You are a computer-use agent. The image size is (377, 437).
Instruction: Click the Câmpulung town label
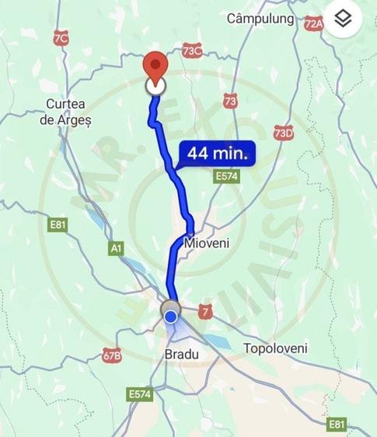click(x=260, y=18)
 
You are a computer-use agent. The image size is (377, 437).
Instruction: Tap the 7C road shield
click(x=61, y=38)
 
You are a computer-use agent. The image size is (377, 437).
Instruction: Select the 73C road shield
click(x=191, y=51)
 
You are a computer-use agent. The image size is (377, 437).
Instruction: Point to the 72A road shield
click(x=313, y=24)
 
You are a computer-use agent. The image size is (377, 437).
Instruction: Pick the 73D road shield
click(x=284, y=133)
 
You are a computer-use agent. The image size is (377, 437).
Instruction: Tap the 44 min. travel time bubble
click(x=217, y=154)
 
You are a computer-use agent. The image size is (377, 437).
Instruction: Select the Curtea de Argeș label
click(x=68, y=112)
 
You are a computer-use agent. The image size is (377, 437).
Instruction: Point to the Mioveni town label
click(x=208, y=243)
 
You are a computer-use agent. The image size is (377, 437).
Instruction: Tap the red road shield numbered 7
click(x=205, y=310)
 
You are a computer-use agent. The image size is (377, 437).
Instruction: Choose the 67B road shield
click(x=111, y=356)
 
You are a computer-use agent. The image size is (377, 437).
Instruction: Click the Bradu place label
click(x=182, y=354)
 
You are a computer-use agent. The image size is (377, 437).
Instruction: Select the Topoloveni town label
click(x=275, y=349)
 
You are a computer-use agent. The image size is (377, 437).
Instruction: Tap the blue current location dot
click(x=171, y=317)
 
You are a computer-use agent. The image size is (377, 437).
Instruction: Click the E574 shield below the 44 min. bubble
click(x=227, y=177)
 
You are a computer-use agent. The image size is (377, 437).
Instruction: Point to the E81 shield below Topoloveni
click(x=337, y=424)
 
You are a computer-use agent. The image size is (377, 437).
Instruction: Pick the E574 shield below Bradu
click(x=139, y=394)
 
